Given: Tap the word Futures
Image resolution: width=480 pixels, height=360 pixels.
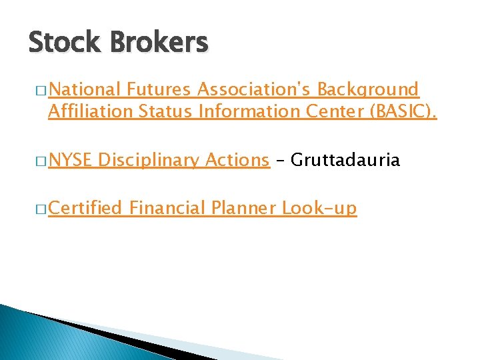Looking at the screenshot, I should point(159,89).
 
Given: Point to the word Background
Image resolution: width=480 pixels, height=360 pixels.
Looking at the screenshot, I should point(368,90).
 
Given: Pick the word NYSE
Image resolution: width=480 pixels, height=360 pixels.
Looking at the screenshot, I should point(71,160).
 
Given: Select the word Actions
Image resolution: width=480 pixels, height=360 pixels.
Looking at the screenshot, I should point(237,160).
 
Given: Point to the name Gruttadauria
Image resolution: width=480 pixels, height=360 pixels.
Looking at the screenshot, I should point(346,160).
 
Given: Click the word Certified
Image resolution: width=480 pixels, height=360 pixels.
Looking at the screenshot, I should point(85,209).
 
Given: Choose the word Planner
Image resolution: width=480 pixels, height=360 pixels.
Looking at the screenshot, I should point(243,209).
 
